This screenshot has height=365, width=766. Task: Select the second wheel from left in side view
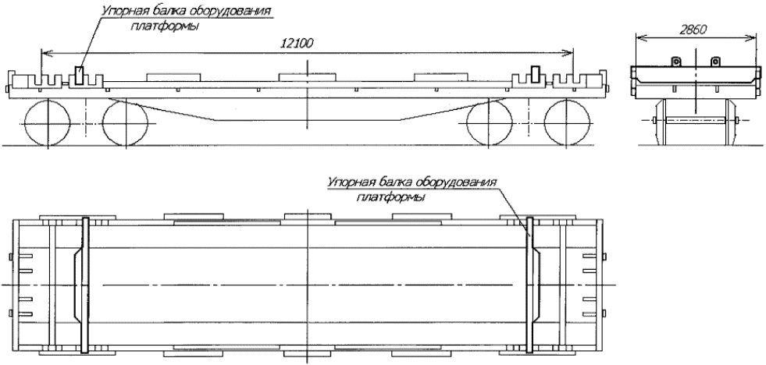pyautogui.click(x=124, y=124)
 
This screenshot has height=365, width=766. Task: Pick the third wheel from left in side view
pyautogui.click(x=490, y=124)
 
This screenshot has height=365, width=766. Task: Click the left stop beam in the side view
pyautogui.click(x=79, y=75)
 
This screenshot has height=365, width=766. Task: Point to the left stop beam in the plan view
pyautogui.click(x=84, y=284)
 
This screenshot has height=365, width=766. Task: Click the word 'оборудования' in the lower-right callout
pyautogui.click(x=464, y=182)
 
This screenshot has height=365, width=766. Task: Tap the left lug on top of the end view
pyautogui.click(x=677, y=61)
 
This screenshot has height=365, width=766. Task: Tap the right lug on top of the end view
pyautogui.click(x=714, y=61)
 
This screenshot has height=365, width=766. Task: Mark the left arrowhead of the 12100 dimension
pyautogui.click(x=44, y=52)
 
